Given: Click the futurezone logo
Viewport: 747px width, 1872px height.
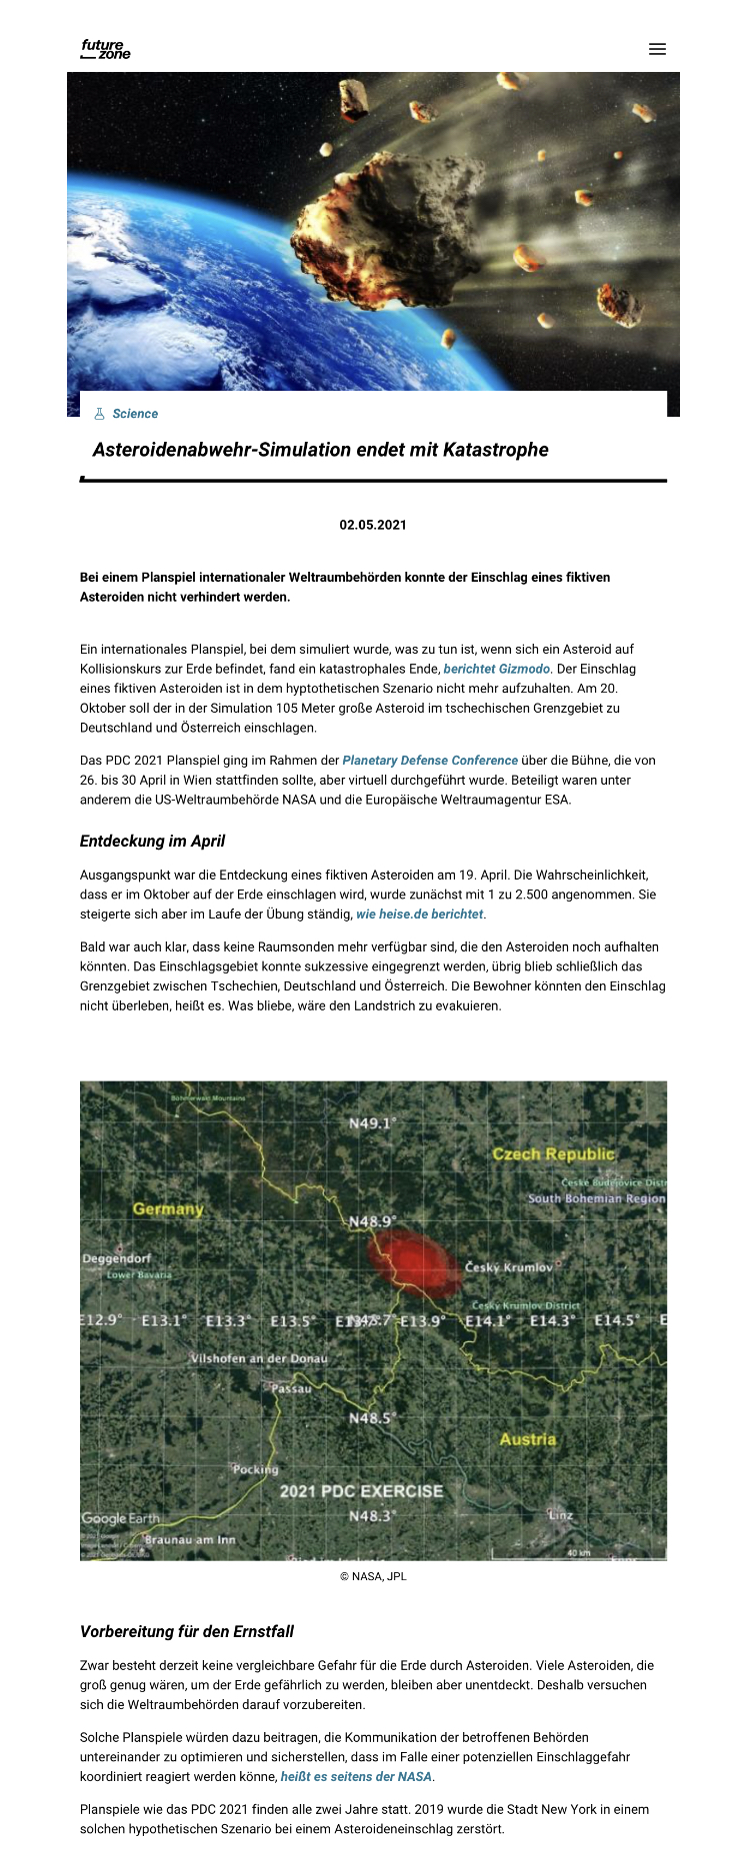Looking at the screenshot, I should click(x=105, y=49).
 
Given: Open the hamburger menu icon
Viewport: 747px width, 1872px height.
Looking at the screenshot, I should click(x=657, y=49).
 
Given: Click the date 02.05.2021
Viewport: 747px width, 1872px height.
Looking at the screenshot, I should click(x=373, y=525).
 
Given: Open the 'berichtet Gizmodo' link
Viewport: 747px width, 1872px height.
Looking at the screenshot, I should click(x=496, y=669).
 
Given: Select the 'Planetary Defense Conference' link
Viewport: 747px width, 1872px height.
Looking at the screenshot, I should click(x=430, y=761).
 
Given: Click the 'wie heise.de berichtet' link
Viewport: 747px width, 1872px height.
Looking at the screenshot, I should click(x=420, y=914).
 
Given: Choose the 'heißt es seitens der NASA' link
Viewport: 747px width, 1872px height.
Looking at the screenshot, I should click(x=356, y=1776).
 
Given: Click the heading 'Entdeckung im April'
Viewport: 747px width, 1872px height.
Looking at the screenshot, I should click(x=152, y=842).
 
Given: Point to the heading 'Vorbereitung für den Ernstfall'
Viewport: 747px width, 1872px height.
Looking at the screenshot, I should click(x=187, y=1632).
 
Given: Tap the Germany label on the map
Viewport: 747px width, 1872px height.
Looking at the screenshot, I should click(x=168, y=1209).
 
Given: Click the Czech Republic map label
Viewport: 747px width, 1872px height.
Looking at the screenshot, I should click(x=553, y=1154).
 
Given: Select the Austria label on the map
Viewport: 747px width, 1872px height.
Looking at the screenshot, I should click(x=527, y=1439).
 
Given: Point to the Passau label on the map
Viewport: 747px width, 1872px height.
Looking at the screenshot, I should click(x=291, y=1388).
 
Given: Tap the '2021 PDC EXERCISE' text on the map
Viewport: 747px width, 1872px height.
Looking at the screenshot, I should click(x=361, y=1491).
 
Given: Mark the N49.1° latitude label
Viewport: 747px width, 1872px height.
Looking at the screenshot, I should click(x=372, y=1123).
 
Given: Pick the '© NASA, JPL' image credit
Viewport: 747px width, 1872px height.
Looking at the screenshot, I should click(x=373, y=1576).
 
